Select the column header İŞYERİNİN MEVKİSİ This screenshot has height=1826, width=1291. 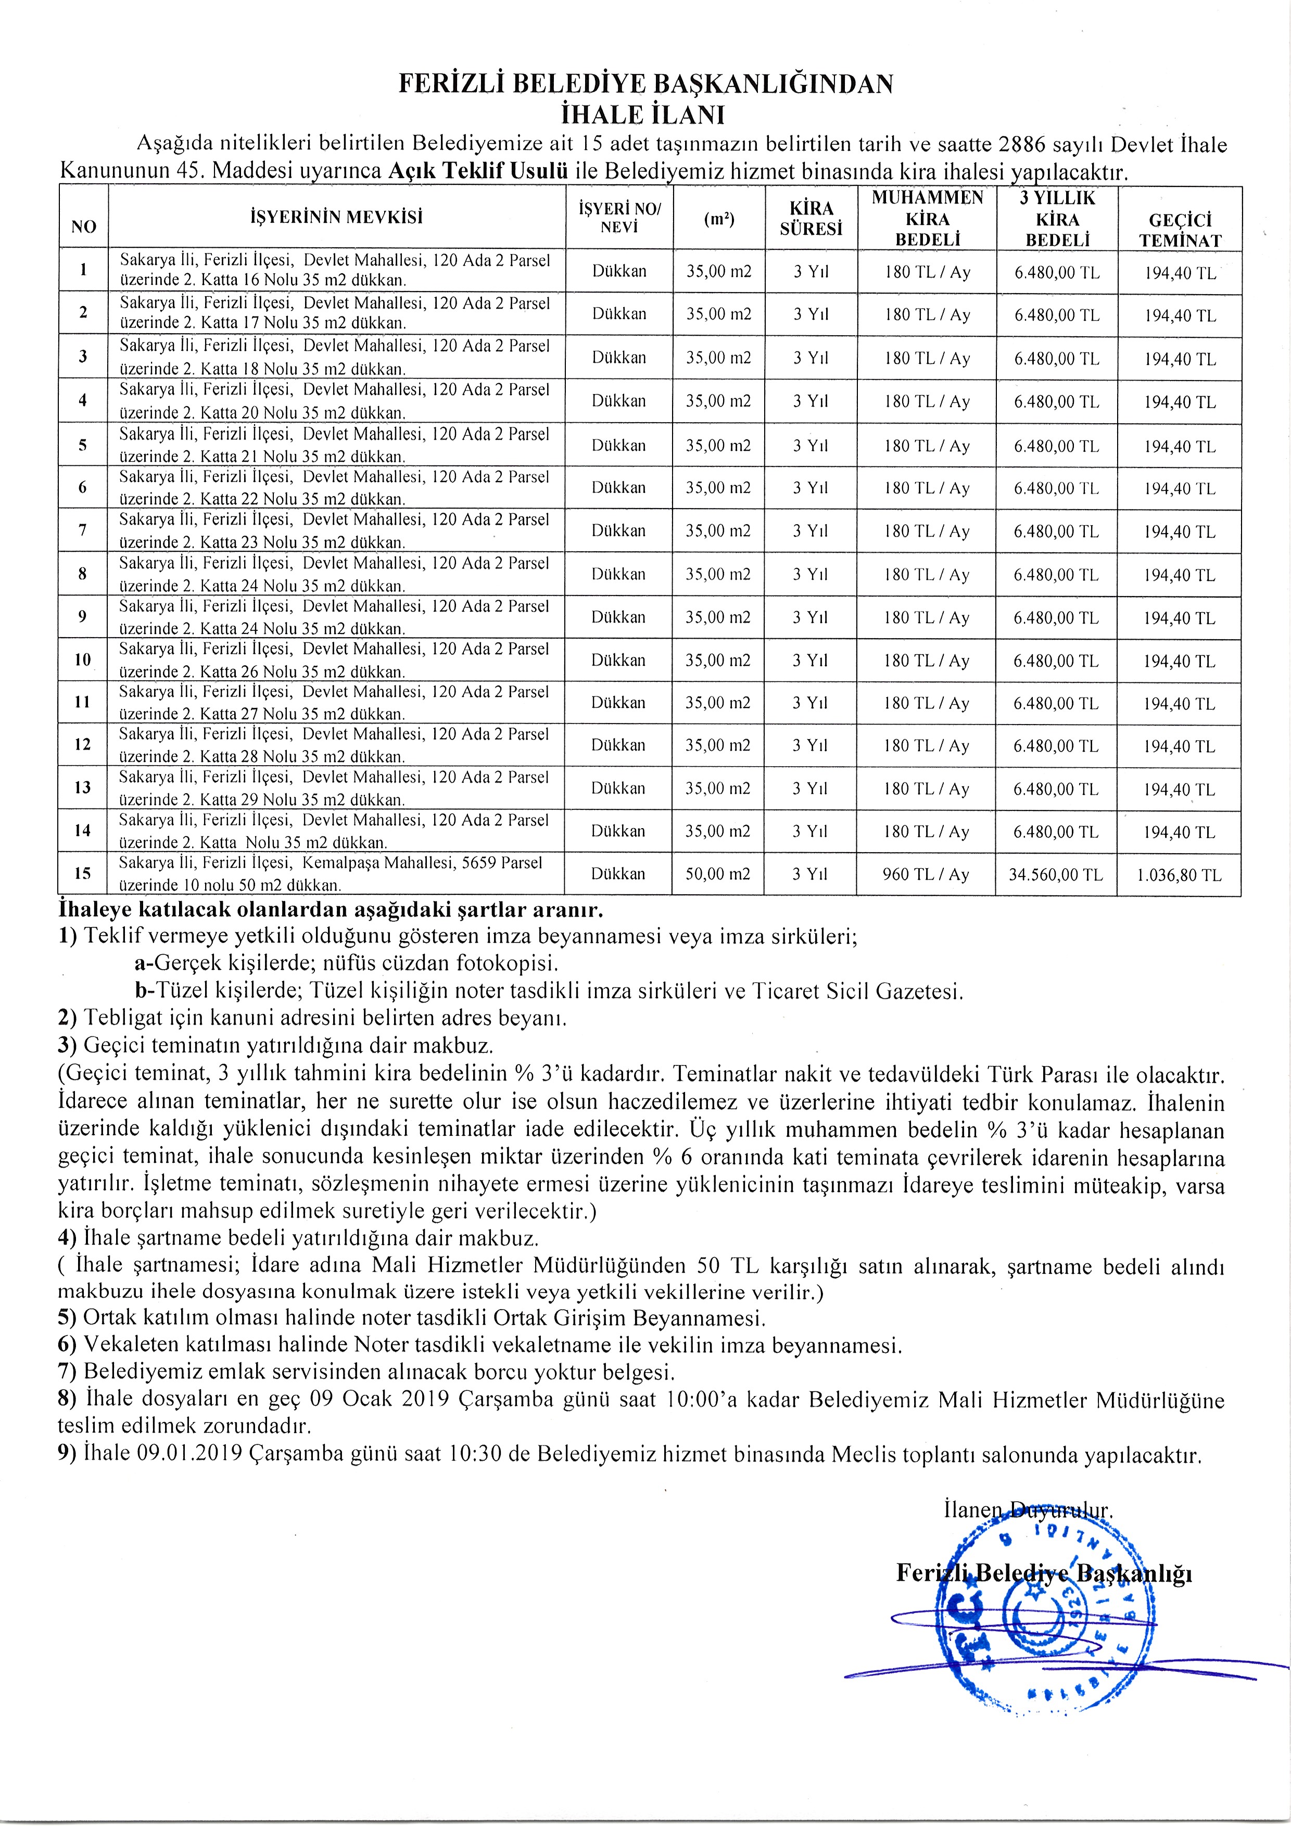336,217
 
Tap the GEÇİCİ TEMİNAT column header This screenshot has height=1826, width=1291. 1180,231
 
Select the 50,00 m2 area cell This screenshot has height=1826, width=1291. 718,874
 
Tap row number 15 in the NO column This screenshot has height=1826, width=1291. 83,873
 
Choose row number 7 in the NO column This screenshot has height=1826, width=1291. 83,530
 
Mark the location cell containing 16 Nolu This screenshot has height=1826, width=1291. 334,270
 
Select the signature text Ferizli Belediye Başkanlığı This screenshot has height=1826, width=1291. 1044,1573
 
